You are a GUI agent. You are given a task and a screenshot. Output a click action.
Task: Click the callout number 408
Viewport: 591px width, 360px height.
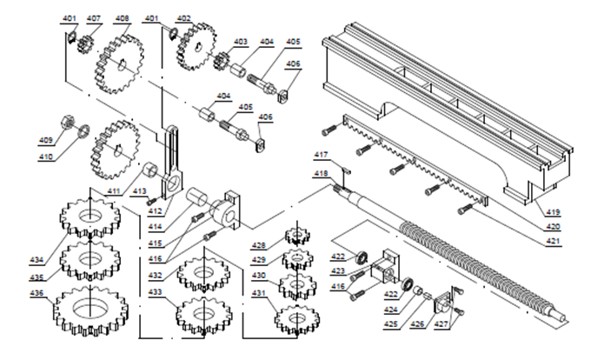[x=123, y=18]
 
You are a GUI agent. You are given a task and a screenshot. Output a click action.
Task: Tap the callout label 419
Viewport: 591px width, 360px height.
[x=553, y=212]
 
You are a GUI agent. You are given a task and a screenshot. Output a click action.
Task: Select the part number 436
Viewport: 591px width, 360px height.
[x=37, y=293]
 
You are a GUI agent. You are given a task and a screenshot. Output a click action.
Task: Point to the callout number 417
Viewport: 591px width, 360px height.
[x=321, y=155]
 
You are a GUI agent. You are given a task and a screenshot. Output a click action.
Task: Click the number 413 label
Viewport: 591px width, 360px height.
[x=139, y=191]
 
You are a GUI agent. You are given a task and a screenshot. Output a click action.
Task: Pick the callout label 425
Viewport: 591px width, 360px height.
[x=391, y=323]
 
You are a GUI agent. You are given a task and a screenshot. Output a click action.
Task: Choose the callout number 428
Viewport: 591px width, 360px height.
[x=259, y=245]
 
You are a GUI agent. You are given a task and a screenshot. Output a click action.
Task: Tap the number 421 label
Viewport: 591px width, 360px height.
[x=553, y=241]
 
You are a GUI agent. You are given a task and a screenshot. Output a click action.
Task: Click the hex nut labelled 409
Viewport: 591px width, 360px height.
[x=68, y=122]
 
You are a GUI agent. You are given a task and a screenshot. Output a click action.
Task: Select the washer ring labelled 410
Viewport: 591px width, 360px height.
[x=83, y=130]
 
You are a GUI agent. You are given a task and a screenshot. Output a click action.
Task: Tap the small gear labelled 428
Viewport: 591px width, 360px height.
[x=297, y=236]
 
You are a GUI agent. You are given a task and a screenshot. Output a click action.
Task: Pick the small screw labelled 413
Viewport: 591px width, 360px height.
[x=152, y=201]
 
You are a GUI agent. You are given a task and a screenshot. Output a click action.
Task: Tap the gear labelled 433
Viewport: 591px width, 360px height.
[x=204, y=315]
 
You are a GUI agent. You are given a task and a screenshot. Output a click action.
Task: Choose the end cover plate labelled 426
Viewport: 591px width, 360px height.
[x=442, y=304]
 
